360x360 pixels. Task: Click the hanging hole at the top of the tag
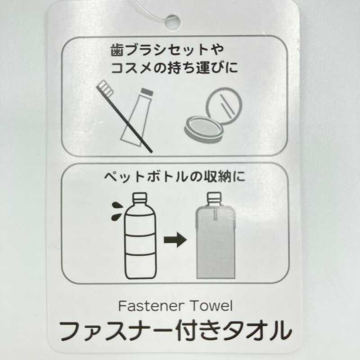point(172,22)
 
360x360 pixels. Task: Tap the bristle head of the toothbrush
point(105,88)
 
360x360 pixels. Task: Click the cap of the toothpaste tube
point(147,92)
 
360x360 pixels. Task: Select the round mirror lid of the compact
point(224,106)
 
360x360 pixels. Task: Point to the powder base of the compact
point(204,130)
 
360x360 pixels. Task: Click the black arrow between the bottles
point(175,240)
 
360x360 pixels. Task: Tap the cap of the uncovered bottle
point(140,198)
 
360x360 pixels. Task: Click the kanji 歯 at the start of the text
point(117,50)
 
